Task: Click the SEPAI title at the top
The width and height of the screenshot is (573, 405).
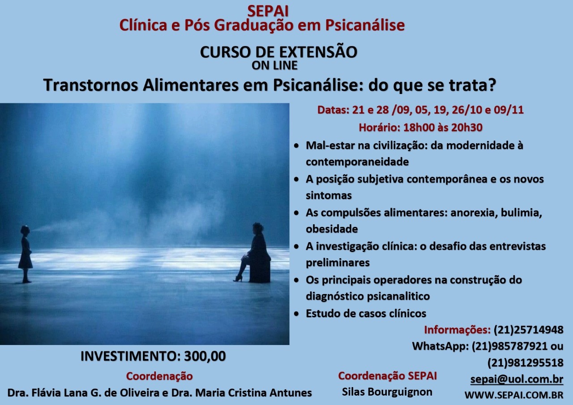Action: (x=268, y=11)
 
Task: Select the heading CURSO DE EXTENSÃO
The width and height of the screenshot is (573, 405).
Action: (x=278, y=52)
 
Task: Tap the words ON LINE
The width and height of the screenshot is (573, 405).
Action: (x=274, y=65)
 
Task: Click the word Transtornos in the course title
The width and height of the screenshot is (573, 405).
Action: (x=91, y=85)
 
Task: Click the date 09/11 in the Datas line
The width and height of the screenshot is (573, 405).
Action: (x=509, y=110)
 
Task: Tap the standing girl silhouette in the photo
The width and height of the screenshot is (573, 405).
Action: (x=26, y=254)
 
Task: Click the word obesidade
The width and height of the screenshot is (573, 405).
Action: (x=332, y=229)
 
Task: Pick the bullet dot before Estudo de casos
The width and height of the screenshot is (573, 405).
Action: (x=296, y=314)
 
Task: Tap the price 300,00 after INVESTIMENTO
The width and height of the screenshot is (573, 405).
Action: (x=205, y=356)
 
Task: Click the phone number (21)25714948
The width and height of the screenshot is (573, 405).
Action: (x=529, y=330)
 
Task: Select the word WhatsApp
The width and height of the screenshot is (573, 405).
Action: (x=440, y=346)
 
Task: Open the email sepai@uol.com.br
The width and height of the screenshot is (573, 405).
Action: (x=517, y=379)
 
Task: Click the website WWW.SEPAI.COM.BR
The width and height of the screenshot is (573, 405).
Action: (x=514, y=395)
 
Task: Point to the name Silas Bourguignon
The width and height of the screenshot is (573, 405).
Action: (x=387, y=392)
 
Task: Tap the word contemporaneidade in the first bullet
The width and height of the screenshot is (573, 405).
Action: (x=357, y=162)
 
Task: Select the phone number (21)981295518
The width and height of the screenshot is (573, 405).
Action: (x=525, y=363)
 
